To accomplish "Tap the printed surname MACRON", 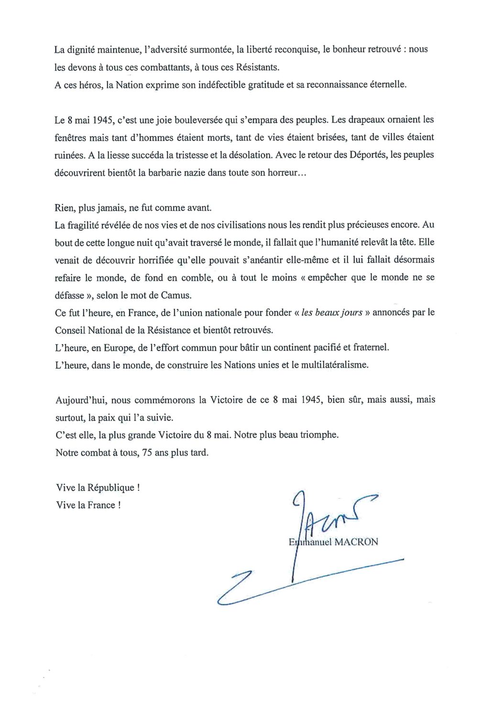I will click(x=356, y=542).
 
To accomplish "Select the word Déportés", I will click(x=367, y=155).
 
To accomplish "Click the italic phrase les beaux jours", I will click(x=332, y=313).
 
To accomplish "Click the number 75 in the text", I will click(x=147, y=452).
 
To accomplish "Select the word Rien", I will click(x=64, y=208).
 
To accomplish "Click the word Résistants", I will click(x=258, y=67).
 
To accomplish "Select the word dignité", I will click(x=87, y=49).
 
